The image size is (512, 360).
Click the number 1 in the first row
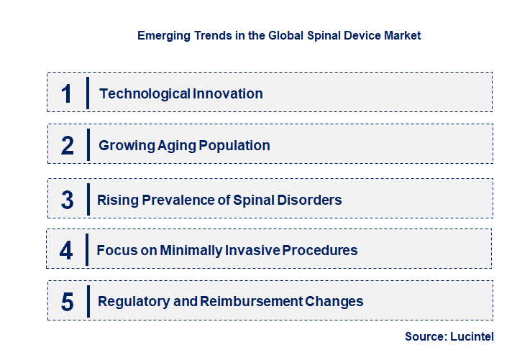(67, 93)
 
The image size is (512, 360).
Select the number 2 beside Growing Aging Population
(68, 146)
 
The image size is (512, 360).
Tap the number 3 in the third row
(68, 200)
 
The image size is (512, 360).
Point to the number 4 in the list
(67, 251)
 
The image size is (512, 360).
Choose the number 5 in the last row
(68, 302)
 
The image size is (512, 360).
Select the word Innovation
(227, 93)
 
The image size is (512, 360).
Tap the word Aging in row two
(172, 146)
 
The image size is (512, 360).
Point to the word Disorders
(311, 200)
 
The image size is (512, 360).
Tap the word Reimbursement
(240, 302)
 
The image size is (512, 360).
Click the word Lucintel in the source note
(472, 336)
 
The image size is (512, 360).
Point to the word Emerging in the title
(162, 34)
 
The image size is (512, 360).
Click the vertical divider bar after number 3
(88, 198)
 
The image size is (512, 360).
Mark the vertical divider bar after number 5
(88, 300)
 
